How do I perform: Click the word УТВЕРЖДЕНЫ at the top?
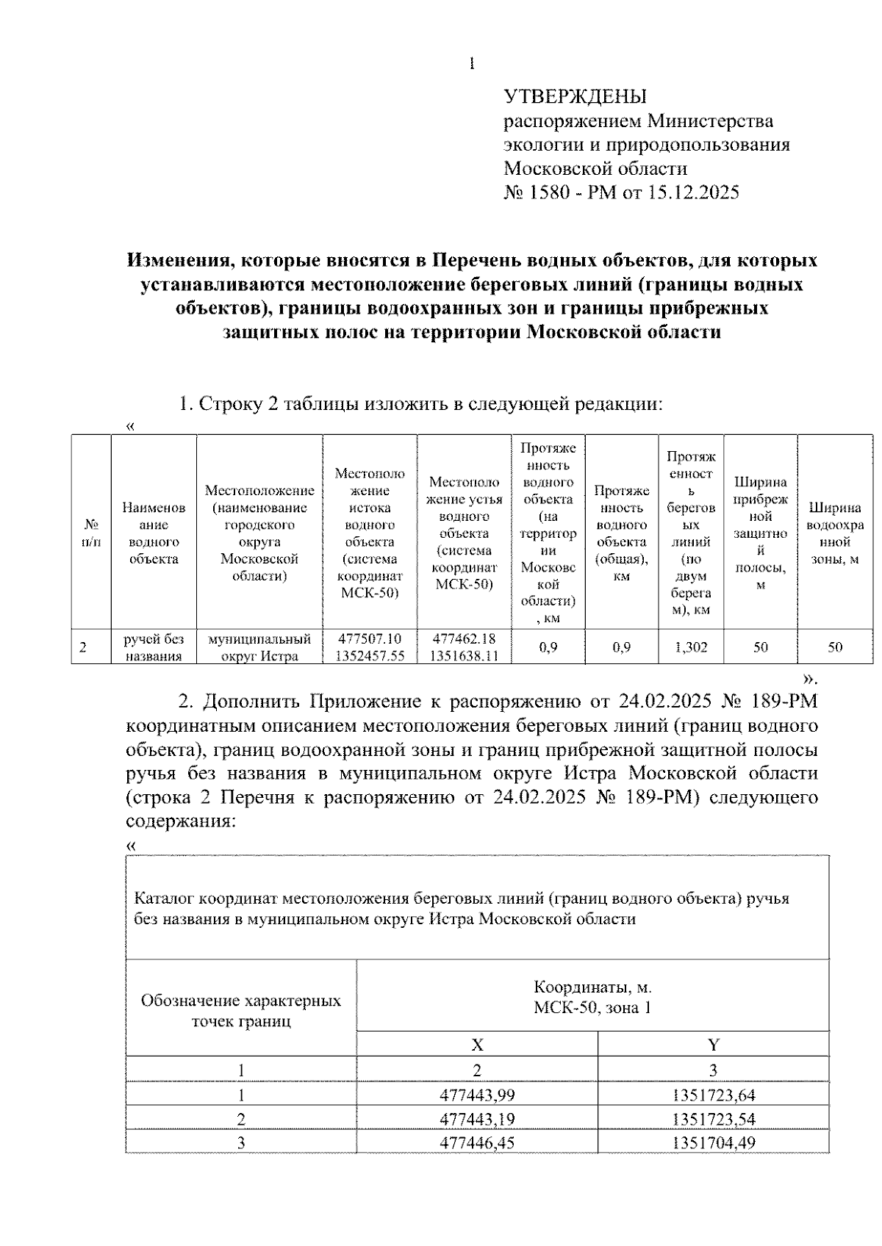[x=575, y=96]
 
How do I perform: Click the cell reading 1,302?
[x=691, y=647]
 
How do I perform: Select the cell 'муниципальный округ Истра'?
[x=259, y=647]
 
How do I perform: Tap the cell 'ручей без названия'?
[x=154, y=647]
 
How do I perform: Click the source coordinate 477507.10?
[x=370, y=639]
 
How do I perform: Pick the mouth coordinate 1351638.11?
[x=464, y=656]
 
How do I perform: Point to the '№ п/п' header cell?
[x=91, y=533]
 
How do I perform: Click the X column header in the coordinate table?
[x=477, y=1044]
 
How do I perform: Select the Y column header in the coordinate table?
[x=713, y=1044]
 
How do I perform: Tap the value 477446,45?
[x=477, y=1142]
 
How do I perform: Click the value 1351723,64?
[x=713, y=1095]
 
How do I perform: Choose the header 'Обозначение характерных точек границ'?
[x=241, y=1010]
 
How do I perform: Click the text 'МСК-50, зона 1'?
[x=592, y=1007]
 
